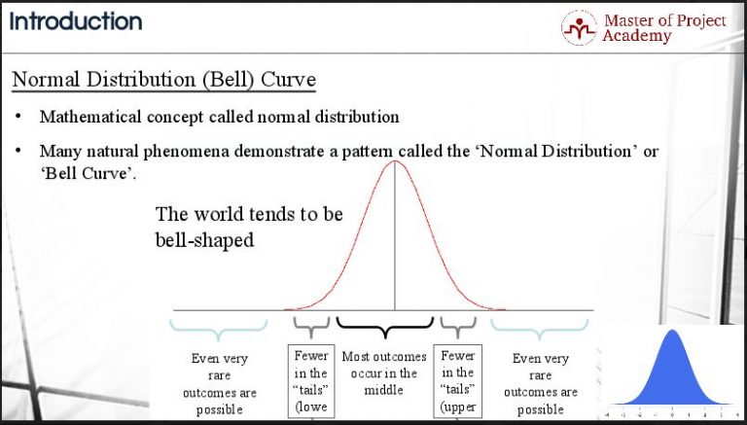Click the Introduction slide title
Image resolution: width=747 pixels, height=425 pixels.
(x=76, y=20)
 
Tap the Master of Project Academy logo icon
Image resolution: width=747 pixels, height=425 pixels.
(x=579, y=27)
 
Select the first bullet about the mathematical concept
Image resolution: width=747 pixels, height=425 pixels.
(x=219, y=117)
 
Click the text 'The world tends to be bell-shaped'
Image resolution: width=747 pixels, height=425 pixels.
(x=249, y=227)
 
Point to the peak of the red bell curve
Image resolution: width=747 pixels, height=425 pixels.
(x=394, y=161)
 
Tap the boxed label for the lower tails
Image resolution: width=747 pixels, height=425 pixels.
(x=311, y=381)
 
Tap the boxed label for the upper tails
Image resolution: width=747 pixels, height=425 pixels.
(x=457, y=381)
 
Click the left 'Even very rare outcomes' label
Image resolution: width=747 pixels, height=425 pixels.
(x=220, y=383)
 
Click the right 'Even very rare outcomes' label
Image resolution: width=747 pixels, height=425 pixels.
(x=541, y=383)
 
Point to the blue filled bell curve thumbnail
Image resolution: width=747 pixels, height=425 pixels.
(x=672, y=370)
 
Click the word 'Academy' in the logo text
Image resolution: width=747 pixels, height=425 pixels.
(x=636, y=36)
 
